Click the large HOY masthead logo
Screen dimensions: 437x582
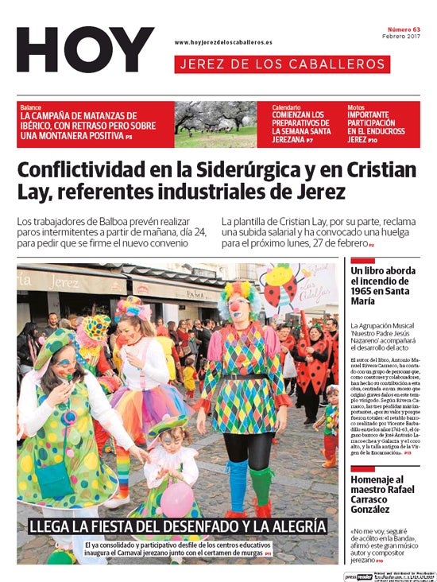(x=85, y=49)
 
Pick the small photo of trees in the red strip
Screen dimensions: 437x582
(x=215, y=124)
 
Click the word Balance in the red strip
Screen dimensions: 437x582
(x=31, y=107)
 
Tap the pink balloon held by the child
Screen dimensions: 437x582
(x=176, y=499)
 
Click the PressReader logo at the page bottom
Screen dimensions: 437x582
(x=358, y=576)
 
